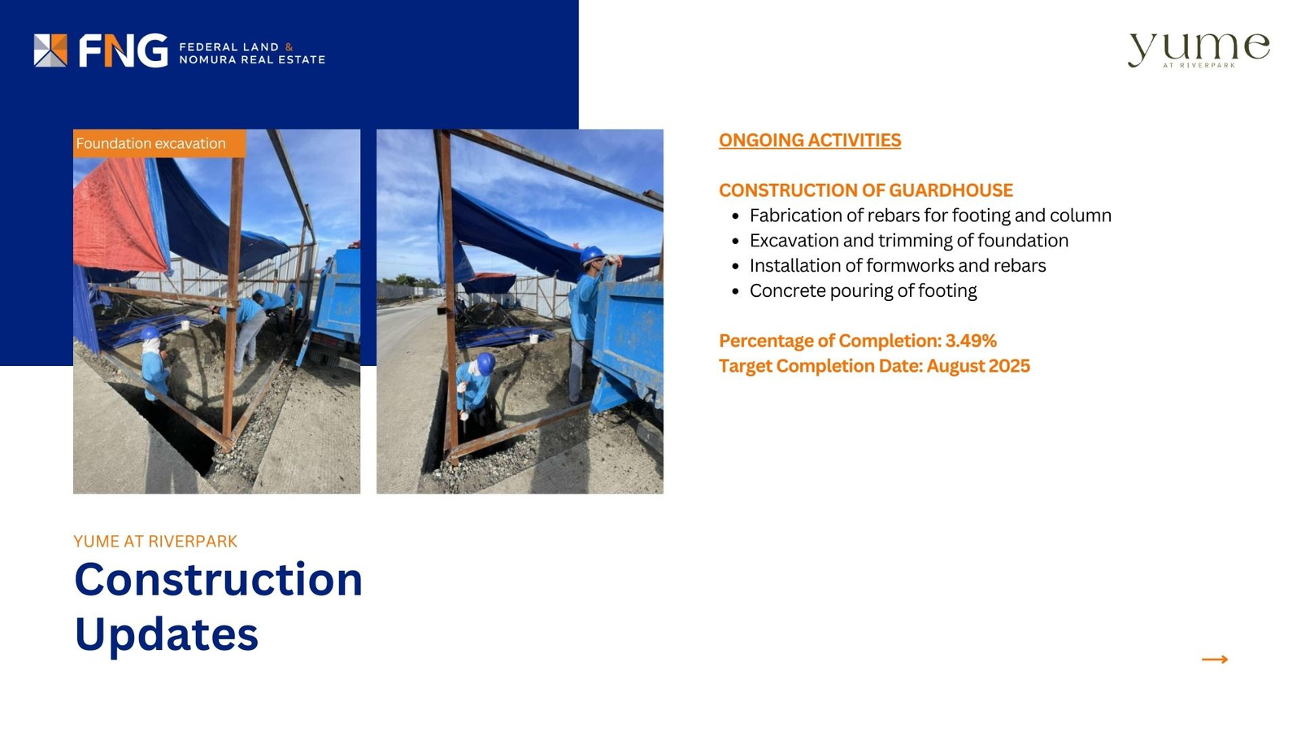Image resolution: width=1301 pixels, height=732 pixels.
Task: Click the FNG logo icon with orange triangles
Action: [50, 50]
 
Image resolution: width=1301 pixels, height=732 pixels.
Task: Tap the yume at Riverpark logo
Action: [1199, 50]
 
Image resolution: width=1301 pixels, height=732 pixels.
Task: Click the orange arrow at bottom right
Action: [1215, 660]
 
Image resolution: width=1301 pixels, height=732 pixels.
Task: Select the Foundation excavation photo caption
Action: [151, 143]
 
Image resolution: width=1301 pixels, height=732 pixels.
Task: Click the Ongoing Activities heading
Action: [810, 140]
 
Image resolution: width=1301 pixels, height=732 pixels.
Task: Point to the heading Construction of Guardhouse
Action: [865, 190]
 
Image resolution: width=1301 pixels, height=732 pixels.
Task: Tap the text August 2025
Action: [978, 366]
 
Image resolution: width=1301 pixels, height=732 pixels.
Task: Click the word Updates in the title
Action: [166, 635]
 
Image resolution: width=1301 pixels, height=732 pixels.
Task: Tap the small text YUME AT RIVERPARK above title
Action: [155, 542]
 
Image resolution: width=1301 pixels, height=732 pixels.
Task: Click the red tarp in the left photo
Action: [119, 215]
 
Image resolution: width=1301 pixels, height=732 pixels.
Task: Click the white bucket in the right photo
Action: [533, 338]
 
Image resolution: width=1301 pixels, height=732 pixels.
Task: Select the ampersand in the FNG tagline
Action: [289, 47]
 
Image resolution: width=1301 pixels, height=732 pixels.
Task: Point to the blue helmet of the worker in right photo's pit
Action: [485, 363]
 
